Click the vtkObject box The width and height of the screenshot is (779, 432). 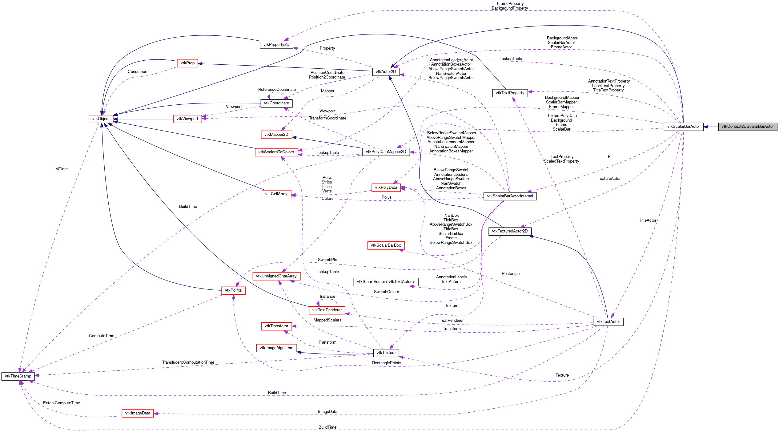[101, 119]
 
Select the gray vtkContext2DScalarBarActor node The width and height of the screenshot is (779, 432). [747, 127]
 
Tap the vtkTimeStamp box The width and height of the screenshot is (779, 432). [18, 376]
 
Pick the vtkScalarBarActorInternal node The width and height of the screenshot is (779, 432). [510, 196]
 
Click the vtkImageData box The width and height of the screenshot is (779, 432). [138, 413]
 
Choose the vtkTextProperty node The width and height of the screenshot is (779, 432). [510, 93]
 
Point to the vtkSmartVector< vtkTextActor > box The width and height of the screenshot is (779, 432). [386, 282]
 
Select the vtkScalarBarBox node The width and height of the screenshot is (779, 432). [386, 245]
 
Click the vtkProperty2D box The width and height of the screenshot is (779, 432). [276, 45]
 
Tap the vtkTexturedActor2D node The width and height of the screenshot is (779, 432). [510, 231]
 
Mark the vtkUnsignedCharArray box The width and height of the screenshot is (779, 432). [276, 276]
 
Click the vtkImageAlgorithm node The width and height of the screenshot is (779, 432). [276, 348]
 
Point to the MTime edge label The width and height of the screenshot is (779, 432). [62, 169]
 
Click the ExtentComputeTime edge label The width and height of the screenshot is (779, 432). [62, 403]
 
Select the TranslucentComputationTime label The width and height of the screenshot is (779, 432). [188, 362]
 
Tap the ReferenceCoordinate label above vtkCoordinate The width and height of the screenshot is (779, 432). [277, 90]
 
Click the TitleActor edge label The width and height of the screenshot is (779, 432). [647, 220]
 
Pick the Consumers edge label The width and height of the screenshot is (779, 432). [138, 72]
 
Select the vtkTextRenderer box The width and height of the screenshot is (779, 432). [327, 310]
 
